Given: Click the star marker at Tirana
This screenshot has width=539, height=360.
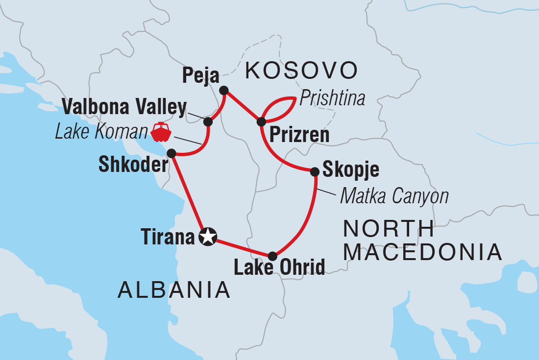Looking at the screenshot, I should [208, 237].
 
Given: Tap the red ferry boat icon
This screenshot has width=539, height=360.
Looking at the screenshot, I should [161, 131].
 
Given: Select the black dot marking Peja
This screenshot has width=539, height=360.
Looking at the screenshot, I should [224, 90].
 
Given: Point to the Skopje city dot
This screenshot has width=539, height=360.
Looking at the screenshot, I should [315, 171].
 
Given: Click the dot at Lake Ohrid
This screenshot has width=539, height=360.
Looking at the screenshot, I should [272, 256].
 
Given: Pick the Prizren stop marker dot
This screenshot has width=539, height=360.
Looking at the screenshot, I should [261, 121].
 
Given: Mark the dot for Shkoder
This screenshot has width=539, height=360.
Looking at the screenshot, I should [171, 153].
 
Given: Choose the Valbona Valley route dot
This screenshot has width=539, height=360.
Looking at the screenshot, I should [208, 121].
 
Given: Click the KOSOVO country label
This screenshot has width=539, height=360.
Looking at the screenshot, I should [301, 71].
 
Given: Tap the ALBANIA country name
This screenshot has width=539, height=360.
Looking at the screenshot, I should [174, 290].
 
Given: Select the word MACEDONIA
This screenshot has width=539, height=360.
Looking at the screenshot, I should [422, 252].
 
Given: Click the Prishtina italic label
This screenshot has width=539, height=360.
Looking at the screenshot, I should [332, 98].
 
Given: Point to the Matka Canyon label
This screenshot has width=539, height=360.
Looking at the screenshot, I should [394, 196].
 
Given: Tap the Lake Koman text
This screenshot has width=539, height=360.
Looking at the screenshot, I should [101, 131].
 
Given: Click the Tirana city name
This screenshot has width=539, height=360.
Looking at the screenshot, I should [168, 238].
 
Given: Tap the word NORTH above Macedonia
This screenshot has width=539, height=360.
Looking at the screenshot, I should [388, 229].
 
